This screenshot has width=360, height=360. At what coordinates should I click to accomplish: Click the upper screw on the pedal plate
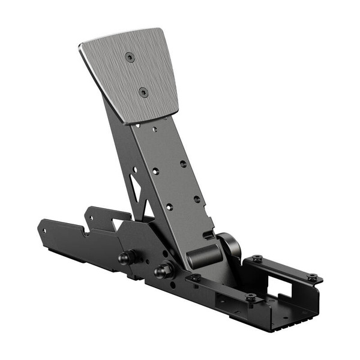(x=130, y=56)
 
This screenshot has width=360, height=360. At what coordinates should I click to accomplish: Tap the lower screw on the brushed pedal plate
(x=143, y=91)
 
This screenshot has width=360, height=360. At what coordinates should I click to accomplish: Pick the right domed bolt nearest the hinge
(x=161, y=271)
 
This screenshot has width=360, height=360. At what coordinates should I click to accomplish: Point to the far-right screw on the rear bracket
(x=312, y=277)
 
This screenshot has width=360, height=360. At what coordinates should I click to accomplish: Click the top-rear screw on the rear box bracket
(x=257, y=259)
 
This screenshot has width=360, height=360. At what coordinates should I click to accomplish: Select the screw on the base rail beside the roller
(x=196, y=278)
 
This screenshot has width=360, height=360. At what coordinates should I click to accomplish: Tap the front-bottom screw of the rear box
(x=251, y=298)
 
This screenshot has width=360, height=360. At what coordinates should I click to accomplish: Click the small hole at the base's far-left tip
(x=44, y=229)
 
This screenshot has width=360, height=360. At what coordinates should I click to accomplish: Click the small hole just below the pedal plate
(x=154, y=128)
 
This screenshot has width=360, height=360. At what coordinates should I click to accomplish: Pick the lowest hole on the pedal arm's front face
(x=169, y=206)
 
